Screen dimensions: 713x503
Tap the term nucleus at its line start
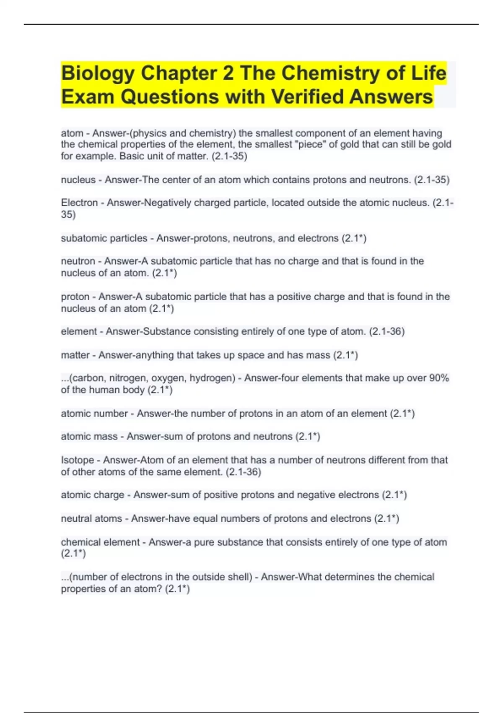pyautogui.click(x=78, y=180)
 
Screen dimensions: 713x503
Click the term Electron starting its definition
pyautogui.click(x=79, y=203)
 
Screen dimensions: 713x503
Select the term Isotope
pyautogui.click(x=78, y=460)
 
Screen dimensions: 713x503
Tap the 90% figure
pyautogui.click(x=439, y=378)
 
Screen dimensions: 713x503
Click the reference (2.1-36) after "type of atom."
pyautogui.click(x=386, y=332)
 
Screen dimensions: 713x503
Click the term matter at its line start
pyautogui.click(x=75, y=355)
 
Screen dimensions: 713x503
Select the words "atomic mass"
pyautogui.click(x=89, y=437)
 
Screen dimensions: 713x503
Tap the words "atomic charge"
pyautogui.click(x=93, y=495)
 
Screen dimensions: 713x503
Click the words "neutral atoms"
pyautogui.click(x=91, y=519)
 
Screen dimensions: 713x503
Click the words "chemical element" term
pyautogui.click(x=100, y=542)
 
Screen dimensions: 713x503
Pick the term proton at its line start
pyautogui.click(x=75, y=297)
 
